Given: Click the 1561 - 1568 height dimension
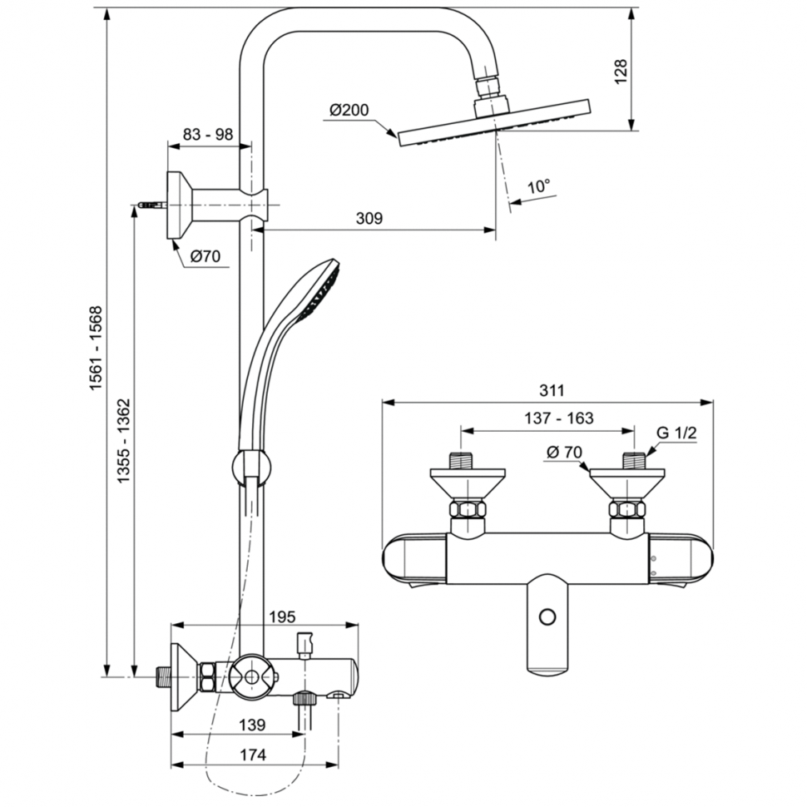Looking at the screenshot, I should pyautogui.click(x=97, y=349).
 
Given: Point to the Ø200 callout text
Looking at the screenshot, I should pyautogui.click(x=349, y=111).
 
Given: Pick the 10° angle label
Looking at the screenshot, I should pyautogui.click(x=539, y=186).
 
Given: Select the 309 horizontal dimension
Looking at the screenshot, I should pyautogui.click(x=369, y=219).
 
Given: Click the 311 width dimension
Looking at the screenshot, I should pyautogui.click(x=552, y=390).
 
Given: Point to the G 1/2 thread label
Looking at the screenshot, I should pyautogui.click(x=676, y=433).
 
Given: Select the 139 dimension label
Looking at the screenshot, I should pyautogui.click(x=251, y=725).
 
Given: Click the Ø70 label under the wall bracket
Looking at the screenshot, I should pyautogui.click(x=205, y=257).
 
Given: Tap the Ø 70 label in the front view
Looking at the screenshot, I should pyautogui.click(x=563, y=453).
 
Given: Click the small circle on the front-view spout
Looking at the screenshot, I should pyautogui.click(x=547, y=617).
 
